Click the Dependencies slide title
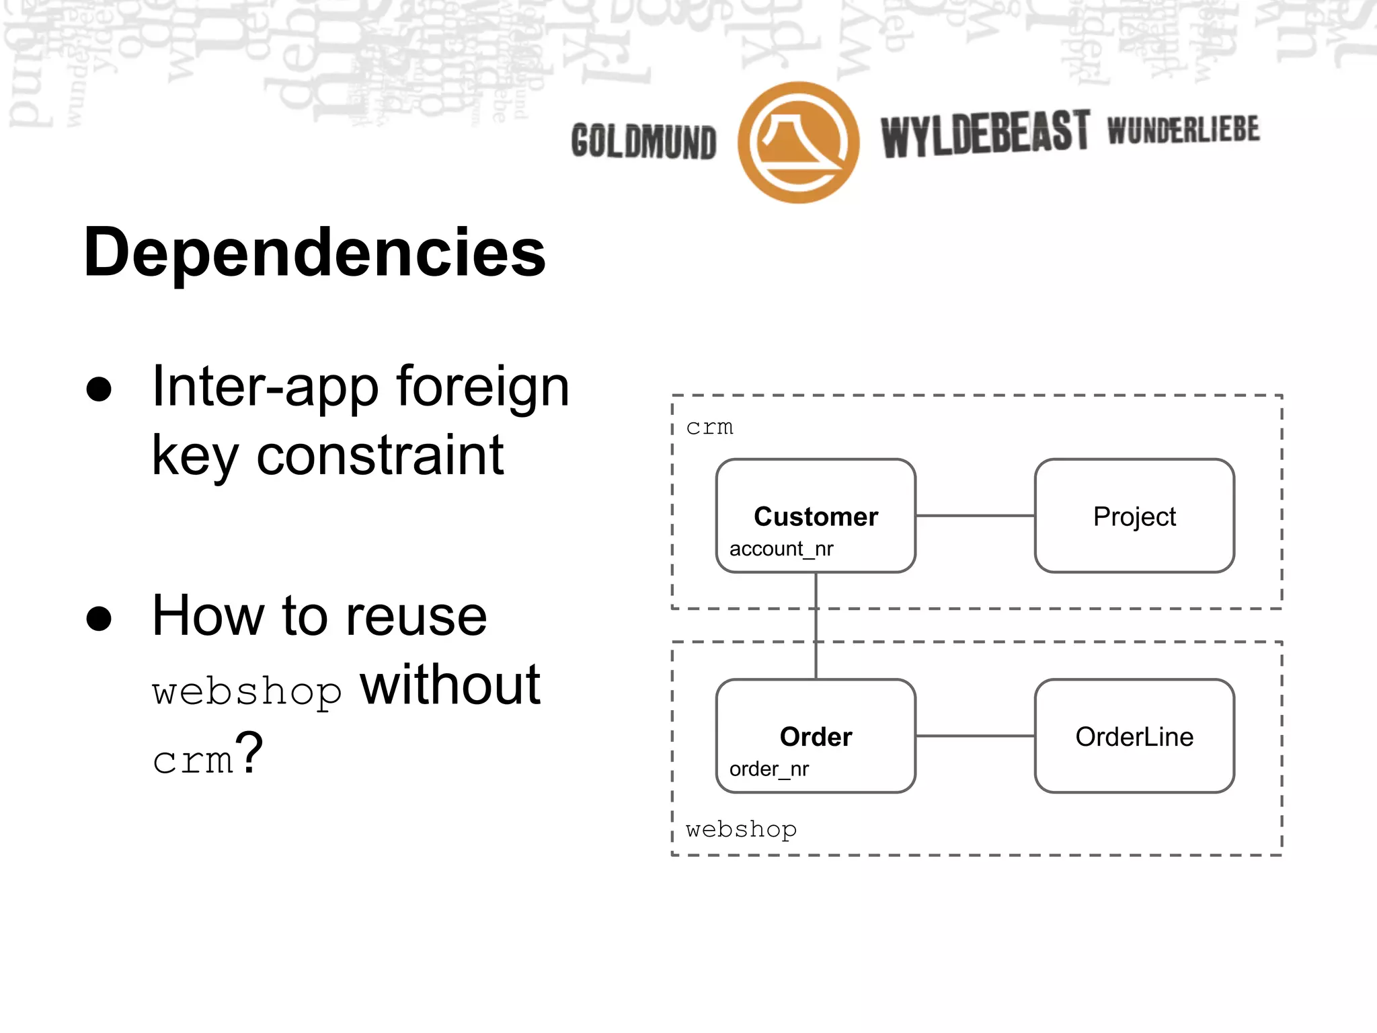click(315, 252)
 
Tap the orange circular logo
click(798, 143)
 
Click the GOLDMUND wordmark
click(643, 141)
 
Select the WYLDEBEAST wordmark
click(984, 134)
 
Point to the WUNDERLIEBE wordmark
click(1183, 130)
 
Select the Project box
click(1134, 516)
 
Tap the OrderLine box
click(1134, 736)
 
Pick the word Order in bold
click(816, 736)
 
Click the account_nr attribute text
click(781, 549)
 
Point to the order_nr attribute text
click(769, 769)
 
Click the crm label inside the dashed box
click(709, 427)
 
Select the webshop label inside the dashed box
click(741, 829)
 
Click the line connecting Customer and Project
click(975, 516)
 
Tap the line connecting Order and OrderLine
click(975, 736)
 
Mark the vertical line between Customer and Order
click(816, 625)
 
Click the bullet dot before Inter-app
click(99, 389)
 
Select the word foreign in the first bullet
click(482, 387)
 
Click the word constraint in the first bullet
click(380, 455)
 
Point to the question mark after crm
click(249, 753)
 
